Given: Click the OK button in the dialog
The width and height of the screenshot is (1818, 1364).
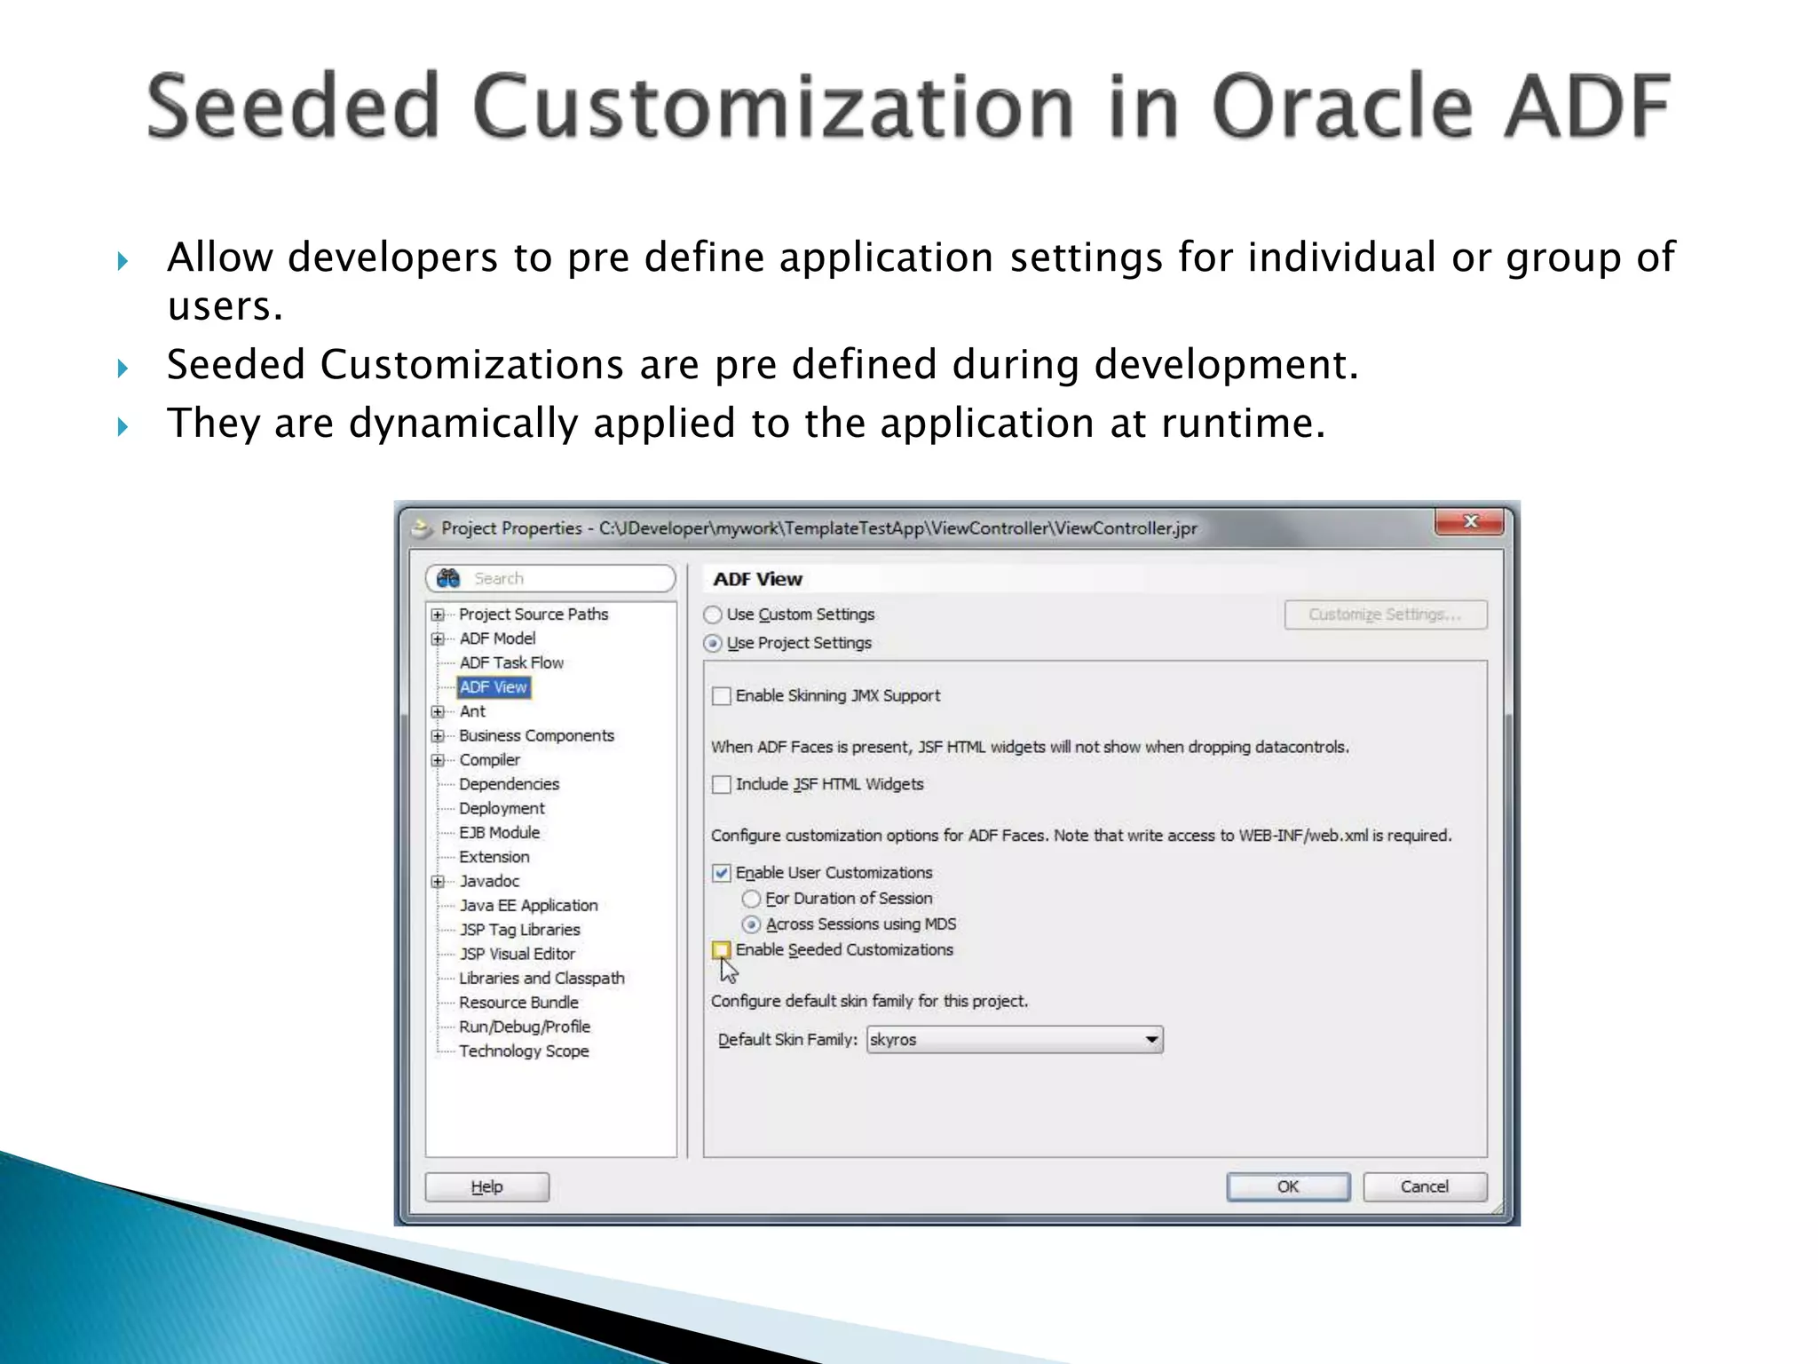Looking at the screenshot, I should pos(1287,1186).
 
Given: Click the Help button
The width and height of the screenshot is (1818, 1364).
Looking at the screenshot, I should pos(486,1186).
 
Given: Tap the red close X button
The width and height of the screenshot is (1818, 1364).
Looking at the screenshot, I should pos(1469,522).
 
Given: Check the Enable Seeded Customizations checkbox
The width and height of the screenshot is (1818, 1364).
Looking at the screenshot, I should pos(722,950).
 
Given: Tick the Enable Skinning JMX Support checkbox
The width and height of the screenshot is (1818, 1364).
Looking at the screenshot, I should pos(722,696).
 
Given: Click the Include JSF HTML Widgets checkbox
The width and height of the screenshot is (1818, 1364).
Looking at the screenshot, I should pos(722,784).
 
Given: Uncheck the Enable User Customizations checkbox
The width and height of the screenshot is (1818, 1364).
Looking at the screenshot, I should pos(722,873).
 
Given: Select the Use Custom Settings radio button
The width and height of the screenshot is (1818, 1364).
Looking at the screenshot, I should pos(713,615).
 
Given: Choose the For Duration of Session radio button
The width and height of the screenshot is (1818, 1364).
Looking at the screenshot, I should pos(751,899).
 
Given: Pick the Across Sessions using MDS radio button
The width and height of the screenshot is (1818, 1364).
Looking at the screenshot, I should pos(751,924).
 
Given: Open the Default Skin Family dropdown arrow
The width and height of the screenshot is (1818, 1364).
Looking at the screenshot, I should pos(1151,1039).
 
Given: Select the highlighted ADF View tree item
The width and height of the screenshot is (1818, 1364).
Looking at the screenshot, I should pos(494,687).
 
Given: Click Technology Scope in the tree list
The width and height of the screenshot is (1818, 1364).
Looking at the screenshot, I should pos(524,1051).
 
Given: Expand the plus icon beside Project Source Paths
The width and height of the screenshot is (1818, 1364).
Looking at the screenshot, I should pos(438,615).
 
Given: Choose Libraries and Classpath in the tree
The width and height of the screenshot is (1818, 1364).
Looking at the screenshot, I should pos(541,979).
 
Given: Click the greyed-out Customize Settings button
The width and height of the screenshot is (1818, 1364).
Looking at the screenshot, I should pos(1385,615).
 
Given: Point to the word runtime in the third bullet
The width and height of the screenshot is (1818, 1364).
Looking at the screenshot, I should pos(1243,423).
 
